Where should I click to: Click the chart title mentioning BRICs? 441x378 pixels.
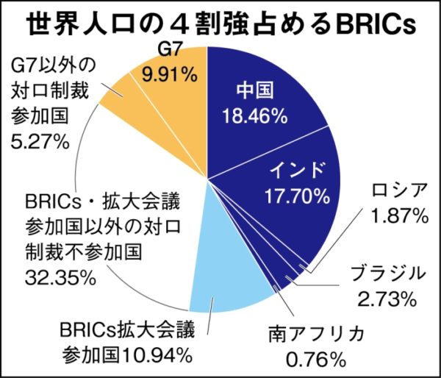pos(220,23)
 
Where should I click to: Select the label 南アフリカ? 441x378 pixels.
pos(317,334)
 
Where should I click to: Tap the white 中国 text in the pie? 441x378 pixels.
pos(255,90)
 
